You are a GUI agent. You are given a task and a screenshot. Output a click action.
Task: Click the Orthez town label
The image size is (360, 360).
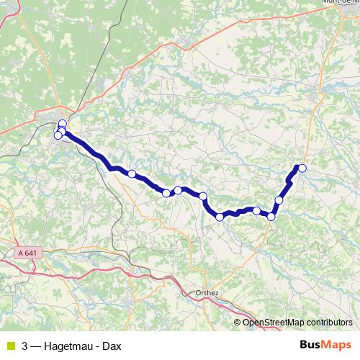click(207, 293)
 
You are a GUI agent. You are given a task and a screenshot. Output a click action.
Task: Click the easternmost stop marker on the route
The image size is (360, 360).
click(302, 168)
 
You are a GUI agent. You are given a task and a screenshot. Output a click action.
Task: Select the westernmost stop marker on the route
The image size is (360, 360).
click(58, 135)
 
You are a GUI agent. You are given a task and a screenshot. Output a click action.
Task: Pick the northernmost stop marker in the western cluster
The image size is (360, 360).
click(62, 123)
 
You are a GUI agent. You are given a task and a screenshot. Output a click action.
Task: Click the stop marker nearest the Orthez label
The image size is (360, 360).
click(220, 217)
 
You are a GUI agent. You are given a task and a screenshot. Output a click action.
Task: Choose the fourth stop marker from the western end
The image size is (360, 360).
click(132, 174)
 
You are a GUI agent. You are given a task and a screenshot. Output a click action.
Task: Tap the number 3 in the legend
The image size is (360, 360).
click(25, 346)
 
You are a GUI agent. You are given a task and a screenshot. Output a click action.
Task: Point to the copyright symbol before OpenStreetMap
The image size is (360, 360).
click(238, 323)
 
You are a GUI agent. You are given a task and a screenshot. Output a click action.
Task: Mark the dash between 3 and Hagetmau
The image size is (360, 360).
click(37, 346)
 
